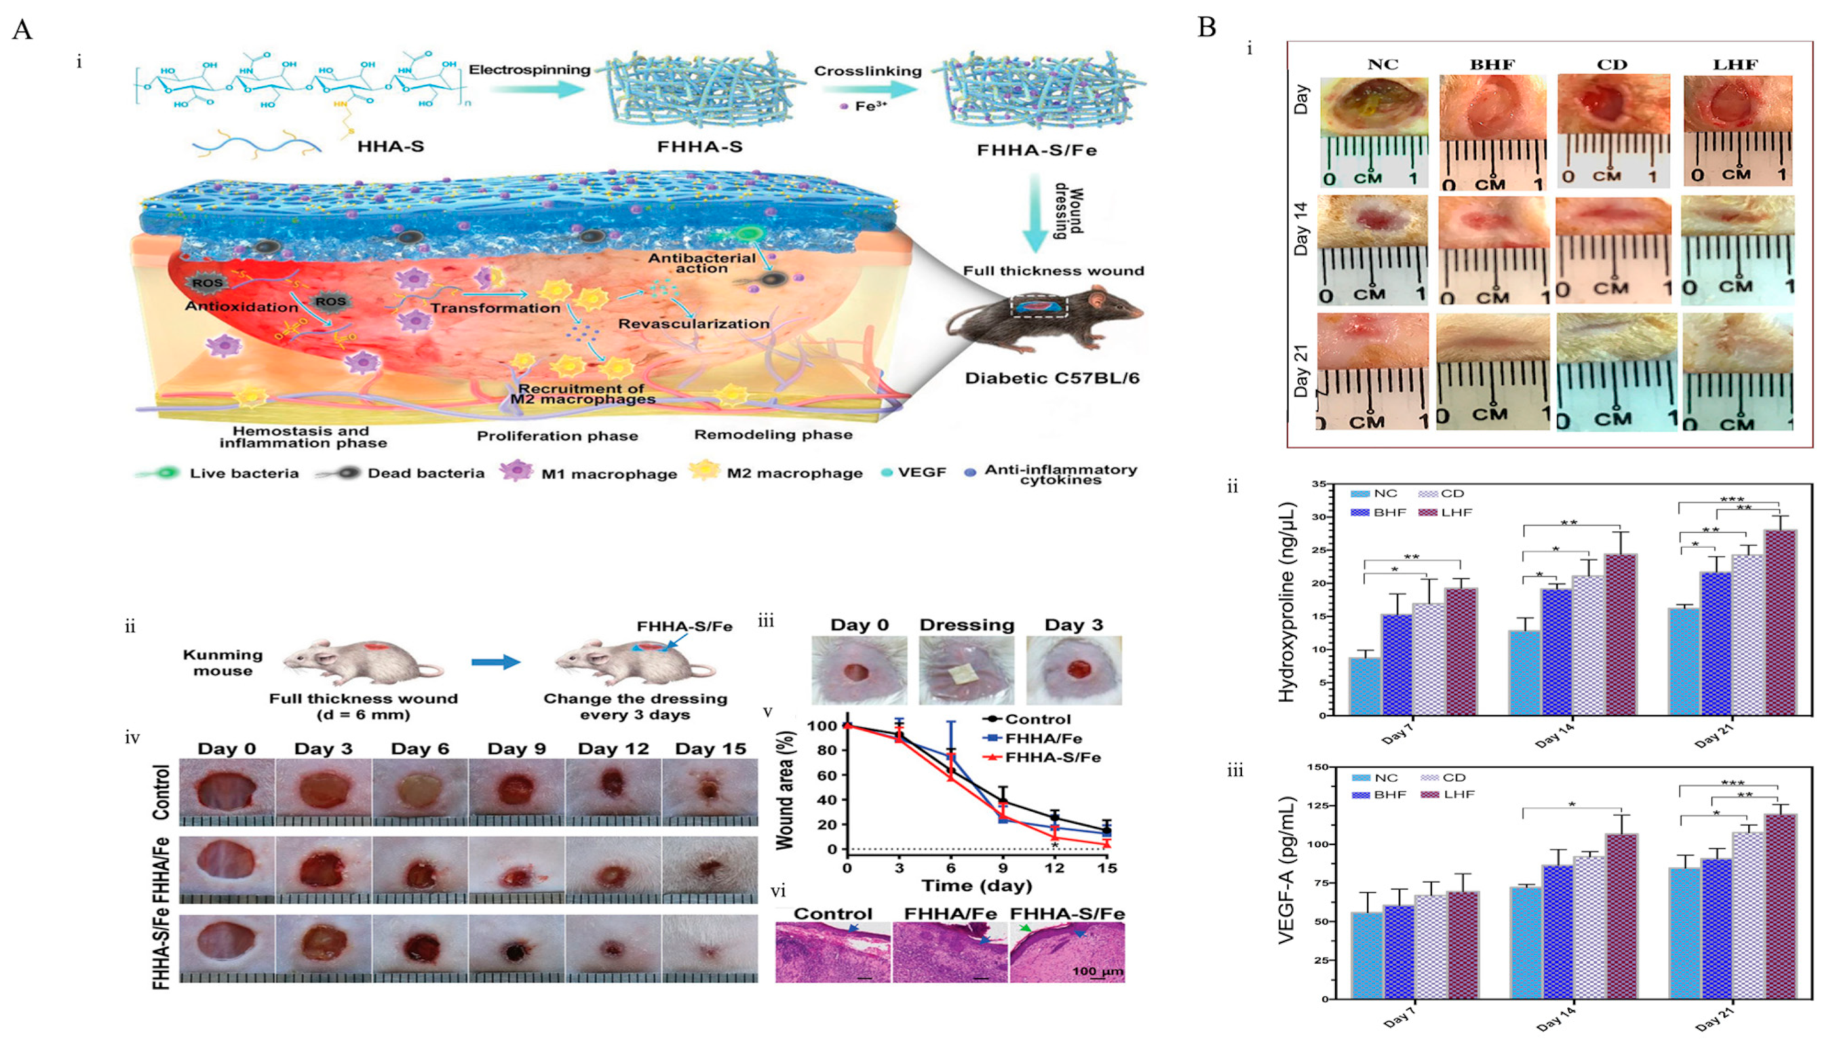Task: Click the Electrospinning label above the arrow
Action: click(529, 70)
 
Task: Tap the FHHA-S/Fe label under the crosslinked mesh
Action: click(1036, 151)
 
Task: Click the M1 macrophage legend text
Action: click(609, 474)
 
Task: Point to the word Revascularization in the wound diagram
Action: click(693, 324)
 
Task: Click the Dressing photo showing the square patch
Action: click(966, 670)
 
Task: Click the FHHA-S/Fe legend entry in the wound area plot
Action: click(1053, 758)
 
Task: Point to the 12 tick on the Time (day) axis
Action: click(1054, 868)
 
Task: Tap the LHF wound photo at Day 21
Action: click(1737, 370)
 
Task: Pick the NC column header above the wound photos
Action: click(1382, 64)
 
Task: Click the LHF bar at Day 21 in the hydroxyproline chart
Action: click(1781, 623)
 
